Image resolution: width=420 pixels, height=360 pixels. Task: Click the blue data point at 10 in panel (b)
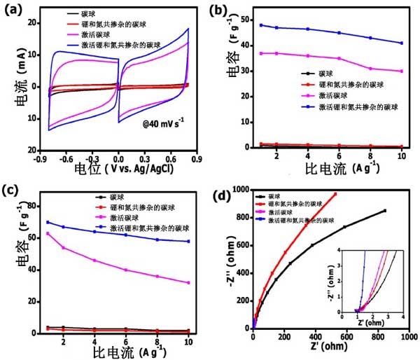click(401, 43)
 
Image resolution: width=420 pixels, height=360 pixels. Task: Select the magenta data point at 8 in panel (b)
click(370, 68)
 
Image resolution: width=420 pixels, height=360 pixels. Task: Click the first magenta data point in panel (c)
click(48, 233)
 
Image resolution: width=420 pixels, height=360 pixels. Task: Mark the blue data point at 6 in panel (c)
click(125, 235)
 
